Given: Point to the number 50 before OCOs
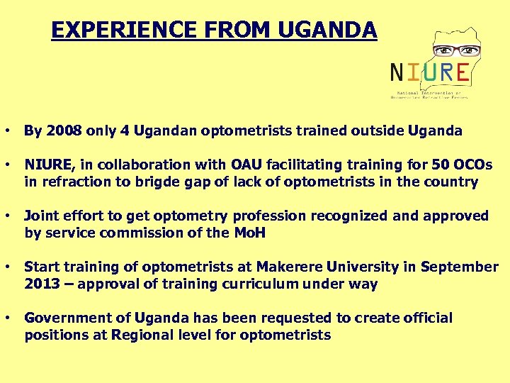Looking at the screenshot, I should click(439, 165).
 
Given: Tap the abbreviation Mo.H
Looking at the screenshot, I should click(248, 233).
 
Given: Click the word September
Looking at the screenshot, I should click(459, 267).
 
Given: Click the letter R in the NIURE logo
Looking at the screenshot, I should click(443, 72).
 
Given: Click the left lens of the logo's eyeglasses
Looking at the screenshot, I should click(443, 51).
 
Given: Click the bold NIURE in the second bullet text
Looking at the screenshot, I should click(48, 165).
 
